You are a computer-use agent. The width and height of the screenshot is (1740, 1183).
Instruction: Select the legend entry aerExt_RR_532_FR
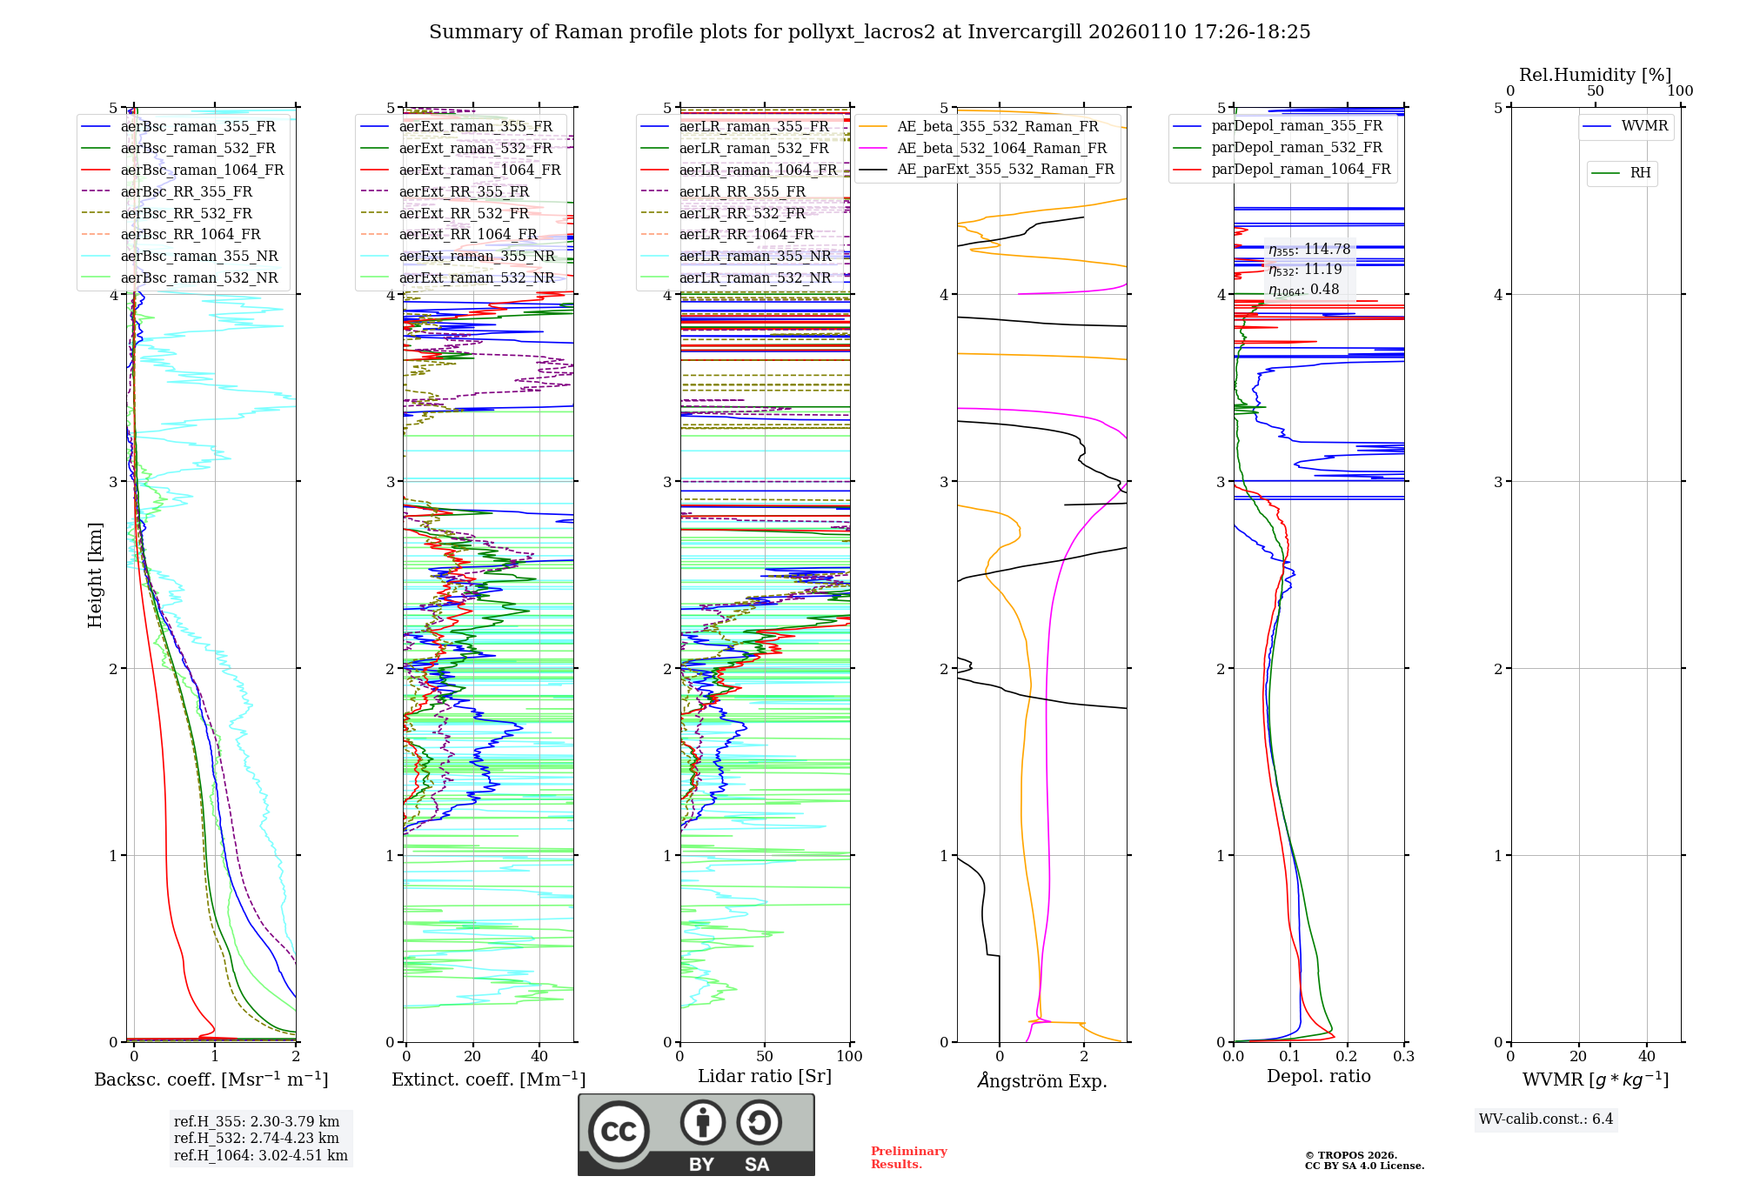[x=464, y=213]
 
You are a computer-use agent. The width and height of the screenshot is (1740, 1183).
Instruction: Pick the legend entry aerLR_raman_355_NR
[x=755, y=256]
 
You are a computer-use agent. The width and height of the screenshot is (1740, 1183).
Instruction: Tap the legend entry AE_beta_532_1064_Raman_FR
[x=1001, y=148]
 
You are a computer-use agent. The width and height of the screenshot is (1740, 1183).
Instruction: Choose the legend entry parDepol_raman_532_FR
[x=1296, y=148]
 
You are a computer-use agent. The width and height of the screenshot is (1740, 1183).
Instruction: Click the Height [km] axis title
[x=95, y=575]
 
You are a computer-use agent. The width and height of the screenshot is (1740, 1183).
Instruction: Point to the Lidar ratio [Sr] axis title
[x=765, y=1076]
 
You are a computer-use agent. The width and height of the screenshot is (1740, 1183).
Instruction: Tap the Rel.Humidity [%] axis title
[x=1595, y=75]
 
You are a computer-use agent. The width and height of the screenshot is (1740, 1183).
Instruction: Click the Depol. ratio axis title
[x=1318, y=1076]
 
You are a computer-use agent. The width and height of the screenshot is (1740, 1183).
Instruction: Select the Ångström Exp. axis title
[x=1042, y=1080]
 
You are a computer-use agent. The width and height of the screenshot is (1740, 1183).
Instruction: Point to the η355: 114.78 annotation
[x=1308, y=250]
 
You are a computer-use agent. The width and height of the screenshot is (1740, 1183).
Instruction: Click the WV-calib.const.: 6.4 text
[x=1545, y=1119]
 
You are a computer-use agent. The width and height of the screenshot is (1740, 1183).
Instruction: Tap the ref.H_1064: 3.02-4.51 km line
[x=260, y=1155]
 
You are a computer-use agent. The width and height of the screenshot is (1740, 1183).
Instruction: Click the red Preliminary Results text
[x=908, y=1157]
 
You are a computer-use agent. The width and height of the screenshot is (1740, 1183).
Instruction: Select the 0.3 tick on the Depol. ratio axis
[x=1403, y=1056]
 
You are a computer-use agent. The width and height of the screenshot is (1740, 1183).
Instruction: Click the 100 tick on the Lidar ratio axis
[x=849, y=1056]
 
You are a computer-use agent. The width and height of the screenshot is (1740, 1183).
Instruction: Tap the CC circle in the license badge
[x=619, y=1131]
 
